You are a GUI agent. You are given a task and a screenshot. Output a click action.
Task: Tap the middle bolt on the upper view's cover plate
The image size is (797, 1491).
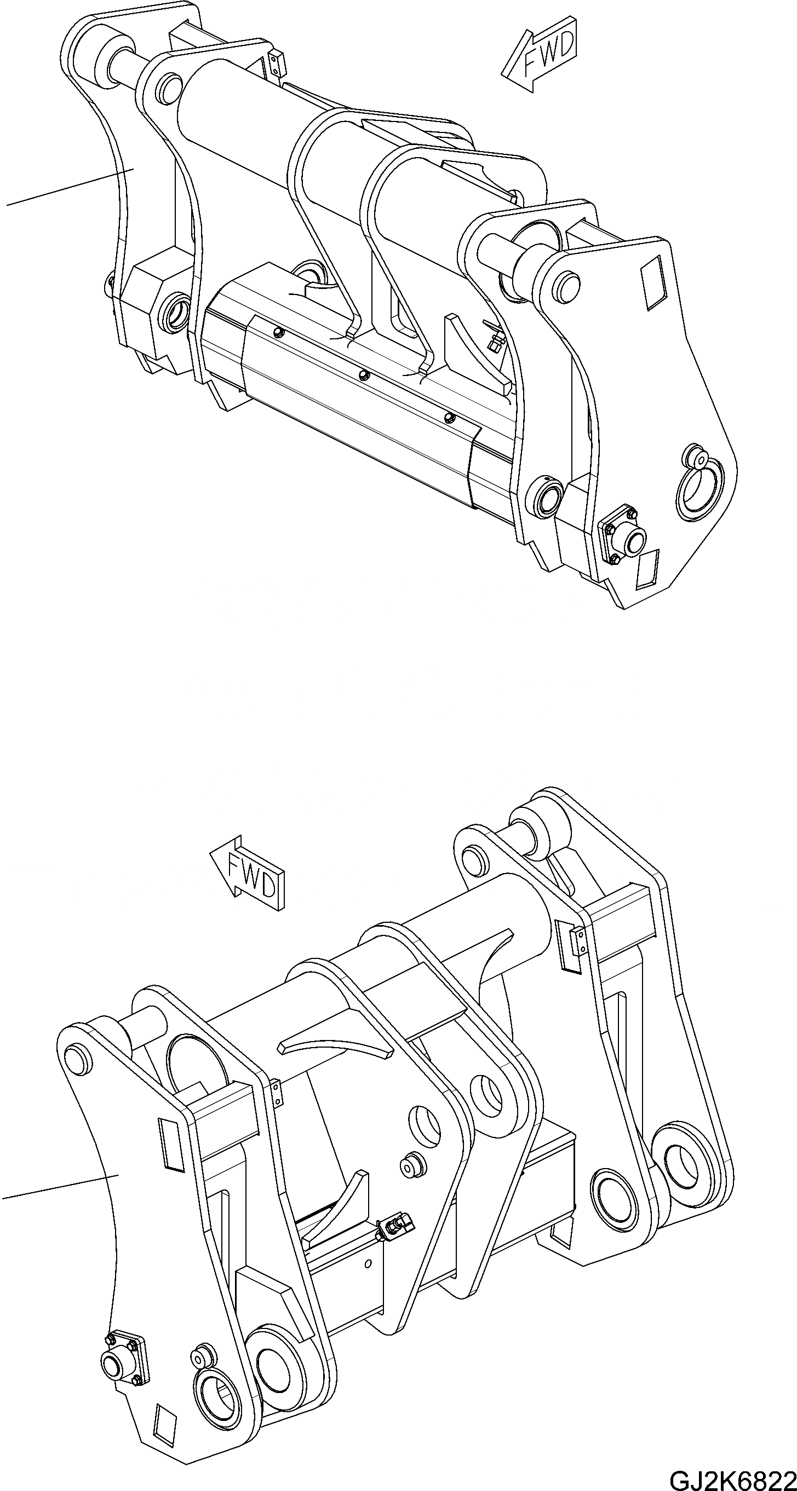(364, 374)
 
